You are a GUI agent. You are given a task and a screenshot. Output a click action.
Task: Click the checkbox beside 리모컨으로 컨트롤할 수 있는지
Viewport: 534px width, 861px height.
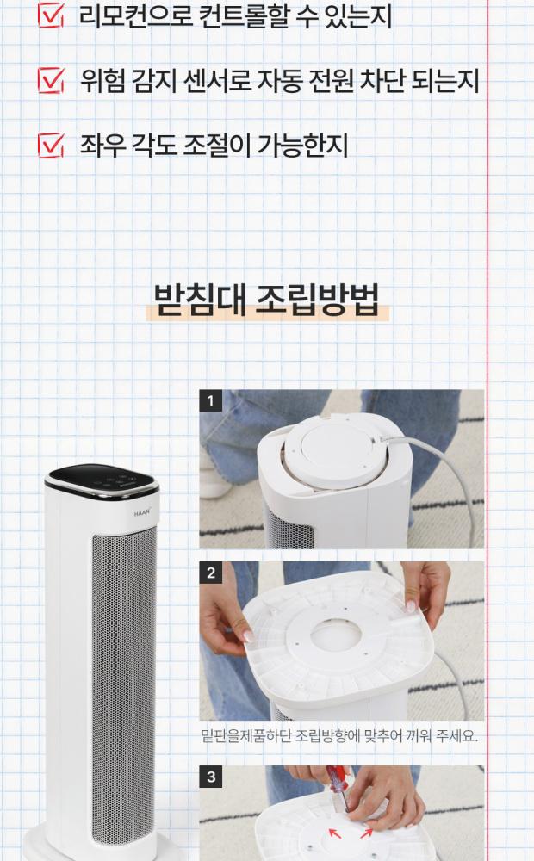(50, 15)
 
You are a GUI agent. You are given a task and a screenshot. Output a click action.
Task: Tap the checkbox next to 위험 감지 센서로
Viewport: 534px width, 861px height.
(51, 80)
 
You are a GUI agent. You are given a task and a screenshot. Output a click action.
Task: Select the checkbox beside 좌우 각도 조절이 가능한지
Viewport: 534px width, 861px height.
(51, 146)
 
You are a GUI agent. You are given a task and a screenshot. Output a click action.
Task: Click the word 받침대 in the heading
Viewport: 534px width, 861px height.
(200, 300)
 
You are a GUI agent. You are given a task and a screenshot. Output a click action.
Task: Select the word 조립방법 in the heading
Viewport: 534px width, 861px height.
(317, 300)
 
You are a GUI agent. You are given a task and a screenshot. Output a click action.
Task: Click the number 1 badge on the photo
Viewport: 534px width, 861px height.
(210, 401)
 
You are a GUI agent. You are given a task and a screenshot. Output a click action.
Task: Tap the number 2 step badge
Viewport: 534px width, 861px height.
(211, 573)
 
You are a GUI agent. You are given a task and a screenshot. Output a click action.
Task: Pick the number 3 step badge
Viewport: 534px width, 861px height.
(211, 777)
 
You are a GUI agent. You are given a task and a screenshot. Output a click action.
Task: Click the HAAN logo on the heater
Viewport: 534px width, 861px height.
(142, 513)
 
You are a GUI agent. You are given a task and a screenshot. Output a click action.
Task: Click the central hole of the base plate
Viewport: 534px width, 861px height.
(336, 638)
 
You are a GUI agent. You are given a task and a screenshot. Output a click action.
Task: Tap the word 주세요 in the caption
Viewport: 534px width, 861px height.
(456, 735)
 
